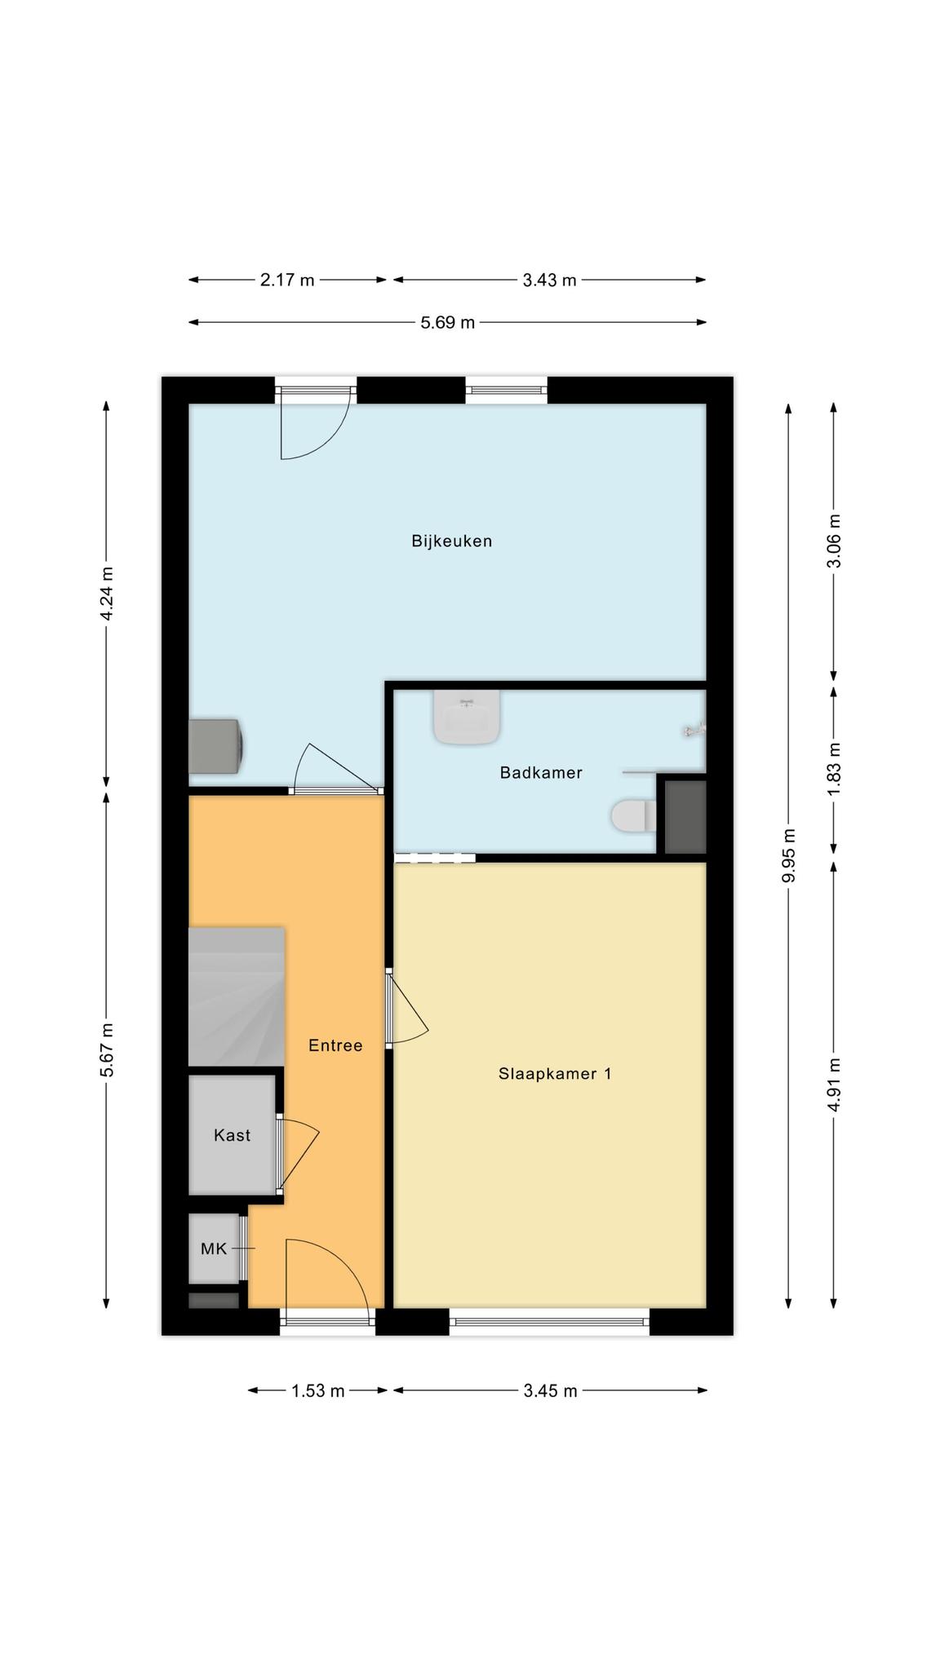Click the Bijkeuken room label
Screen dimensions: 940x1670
click(x=451, y=541)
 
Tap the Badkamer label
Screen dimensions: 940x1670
click(x=541, y=772)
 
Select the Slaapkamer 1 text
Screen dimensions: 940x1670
click(x=555, y=1074)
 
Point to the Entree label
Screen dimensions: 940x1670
click(x=335, y=1045)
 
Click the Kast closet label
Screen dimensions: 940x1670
click(x=232, y=1135)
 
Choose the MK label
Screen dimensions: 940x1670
click(x=214, y=1248)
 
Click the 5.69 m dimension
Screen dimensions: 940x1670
click(x=447, y=322)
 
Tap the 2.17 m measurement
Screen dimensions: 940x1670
click(x=287, y=280)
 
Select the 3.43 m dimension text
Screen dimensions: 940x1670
click(x=549, y=280)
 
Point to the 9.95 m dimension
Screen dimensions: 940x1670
click(x=788, y=855)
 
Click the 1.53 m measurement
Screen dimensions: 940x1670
click(x=318, y=1390)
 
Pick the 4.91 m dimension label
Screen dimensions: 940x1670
click(x=833, y=1084)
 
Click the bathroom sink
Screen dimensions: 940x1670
click(x=467, y=717)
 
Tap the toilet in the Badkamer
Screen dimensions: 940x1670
click(x=633, y=815)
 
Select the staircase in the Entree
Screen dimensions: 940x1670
click(x=237, y=996)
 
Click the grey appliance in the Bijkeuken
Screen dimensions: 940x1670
click(x=215, y=745)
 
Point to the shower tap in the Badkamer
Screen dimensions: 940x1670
click(x=695, y=730)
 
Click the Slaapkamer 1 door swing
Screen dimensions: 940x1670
click(x=407, y=1009)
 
